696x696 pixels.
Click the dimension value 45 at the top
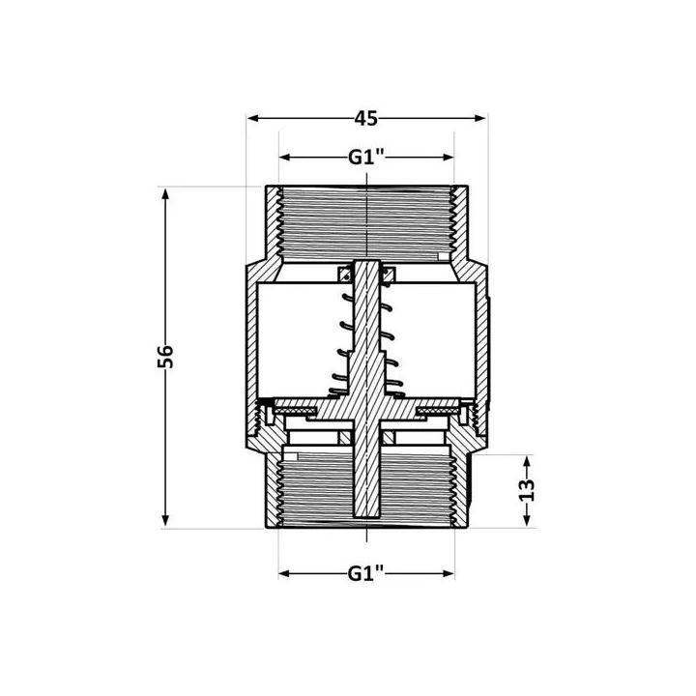coord(364,119)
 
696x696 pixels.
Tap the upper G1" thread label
coord(364,158)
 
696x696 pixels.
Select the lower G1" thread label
coord(364,572)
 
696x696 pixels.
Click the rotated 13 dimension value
coord(526,491)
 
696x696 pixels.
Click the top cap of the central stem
coord(365,267)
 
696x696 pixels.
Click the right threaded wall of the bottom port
coord(461,488)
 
